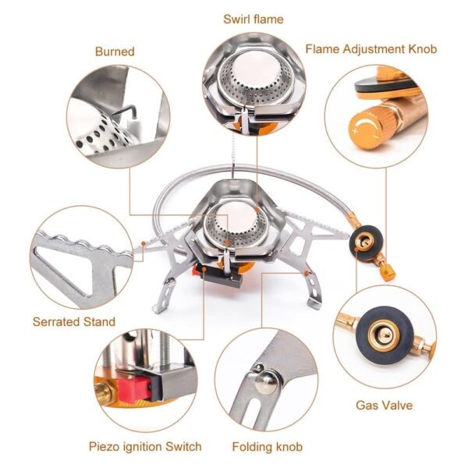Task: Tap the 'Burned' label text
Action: pos(115,51)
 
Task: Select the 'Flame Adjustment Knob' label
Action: pos(370,48)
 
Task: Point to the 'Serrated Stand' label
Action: pos(73,321)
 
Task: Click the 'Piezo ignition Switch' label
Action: pos(145,447)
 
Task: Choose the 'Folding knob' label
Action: pos(268,447)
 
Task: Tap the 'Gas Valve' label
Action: pos(384,406)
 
